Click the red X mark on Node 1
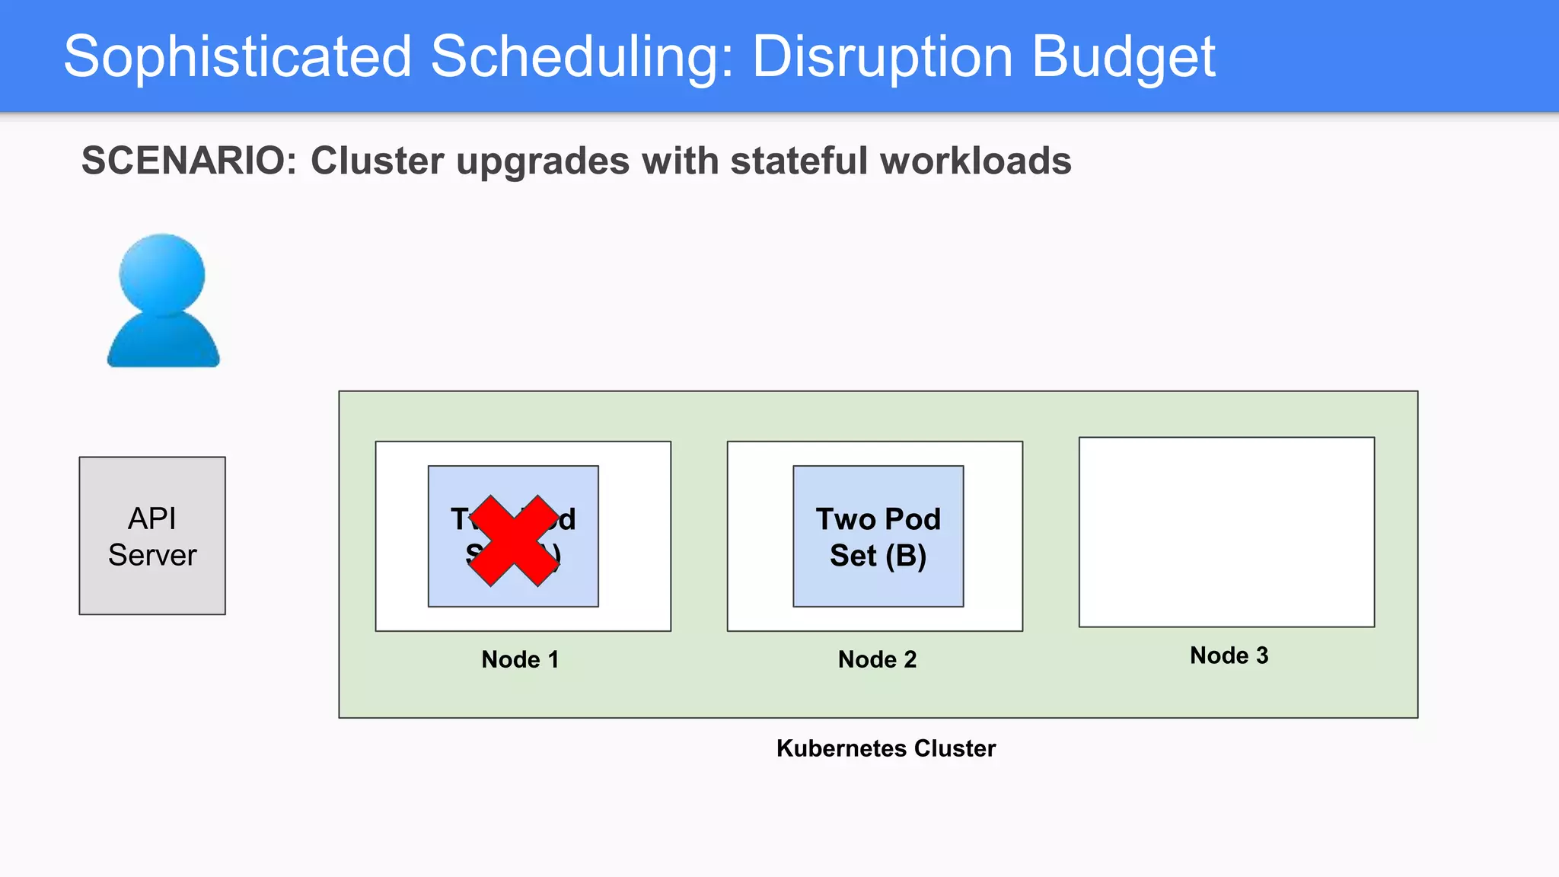pyautogui.click(x=514, y=541)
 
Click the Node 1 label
pyautogui.click(x=520, y=659)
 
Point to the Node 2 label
pyautogui.click(x=877, y=659)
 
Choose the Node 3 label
pyautogui.click(x=1229, y=655)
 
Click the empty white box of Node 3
pyautogui.click(x=1226, y=531)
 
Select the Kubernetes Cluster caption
pyautogui.click(x=885, y=748)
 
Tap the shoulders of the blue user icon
pyautogui.click(x=163, y=343)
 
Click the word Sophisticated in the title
pyautogui.click(x=238, y=57)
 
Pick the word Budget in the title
pyautogui.click(x=1123, y=57)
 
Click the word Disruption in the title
pyautogui.click(x=882, y=57)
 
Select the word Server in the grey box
pyautogui.click(x=152, y=555)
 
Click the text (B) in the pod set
pyautogui.click(x=905, y=556)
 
